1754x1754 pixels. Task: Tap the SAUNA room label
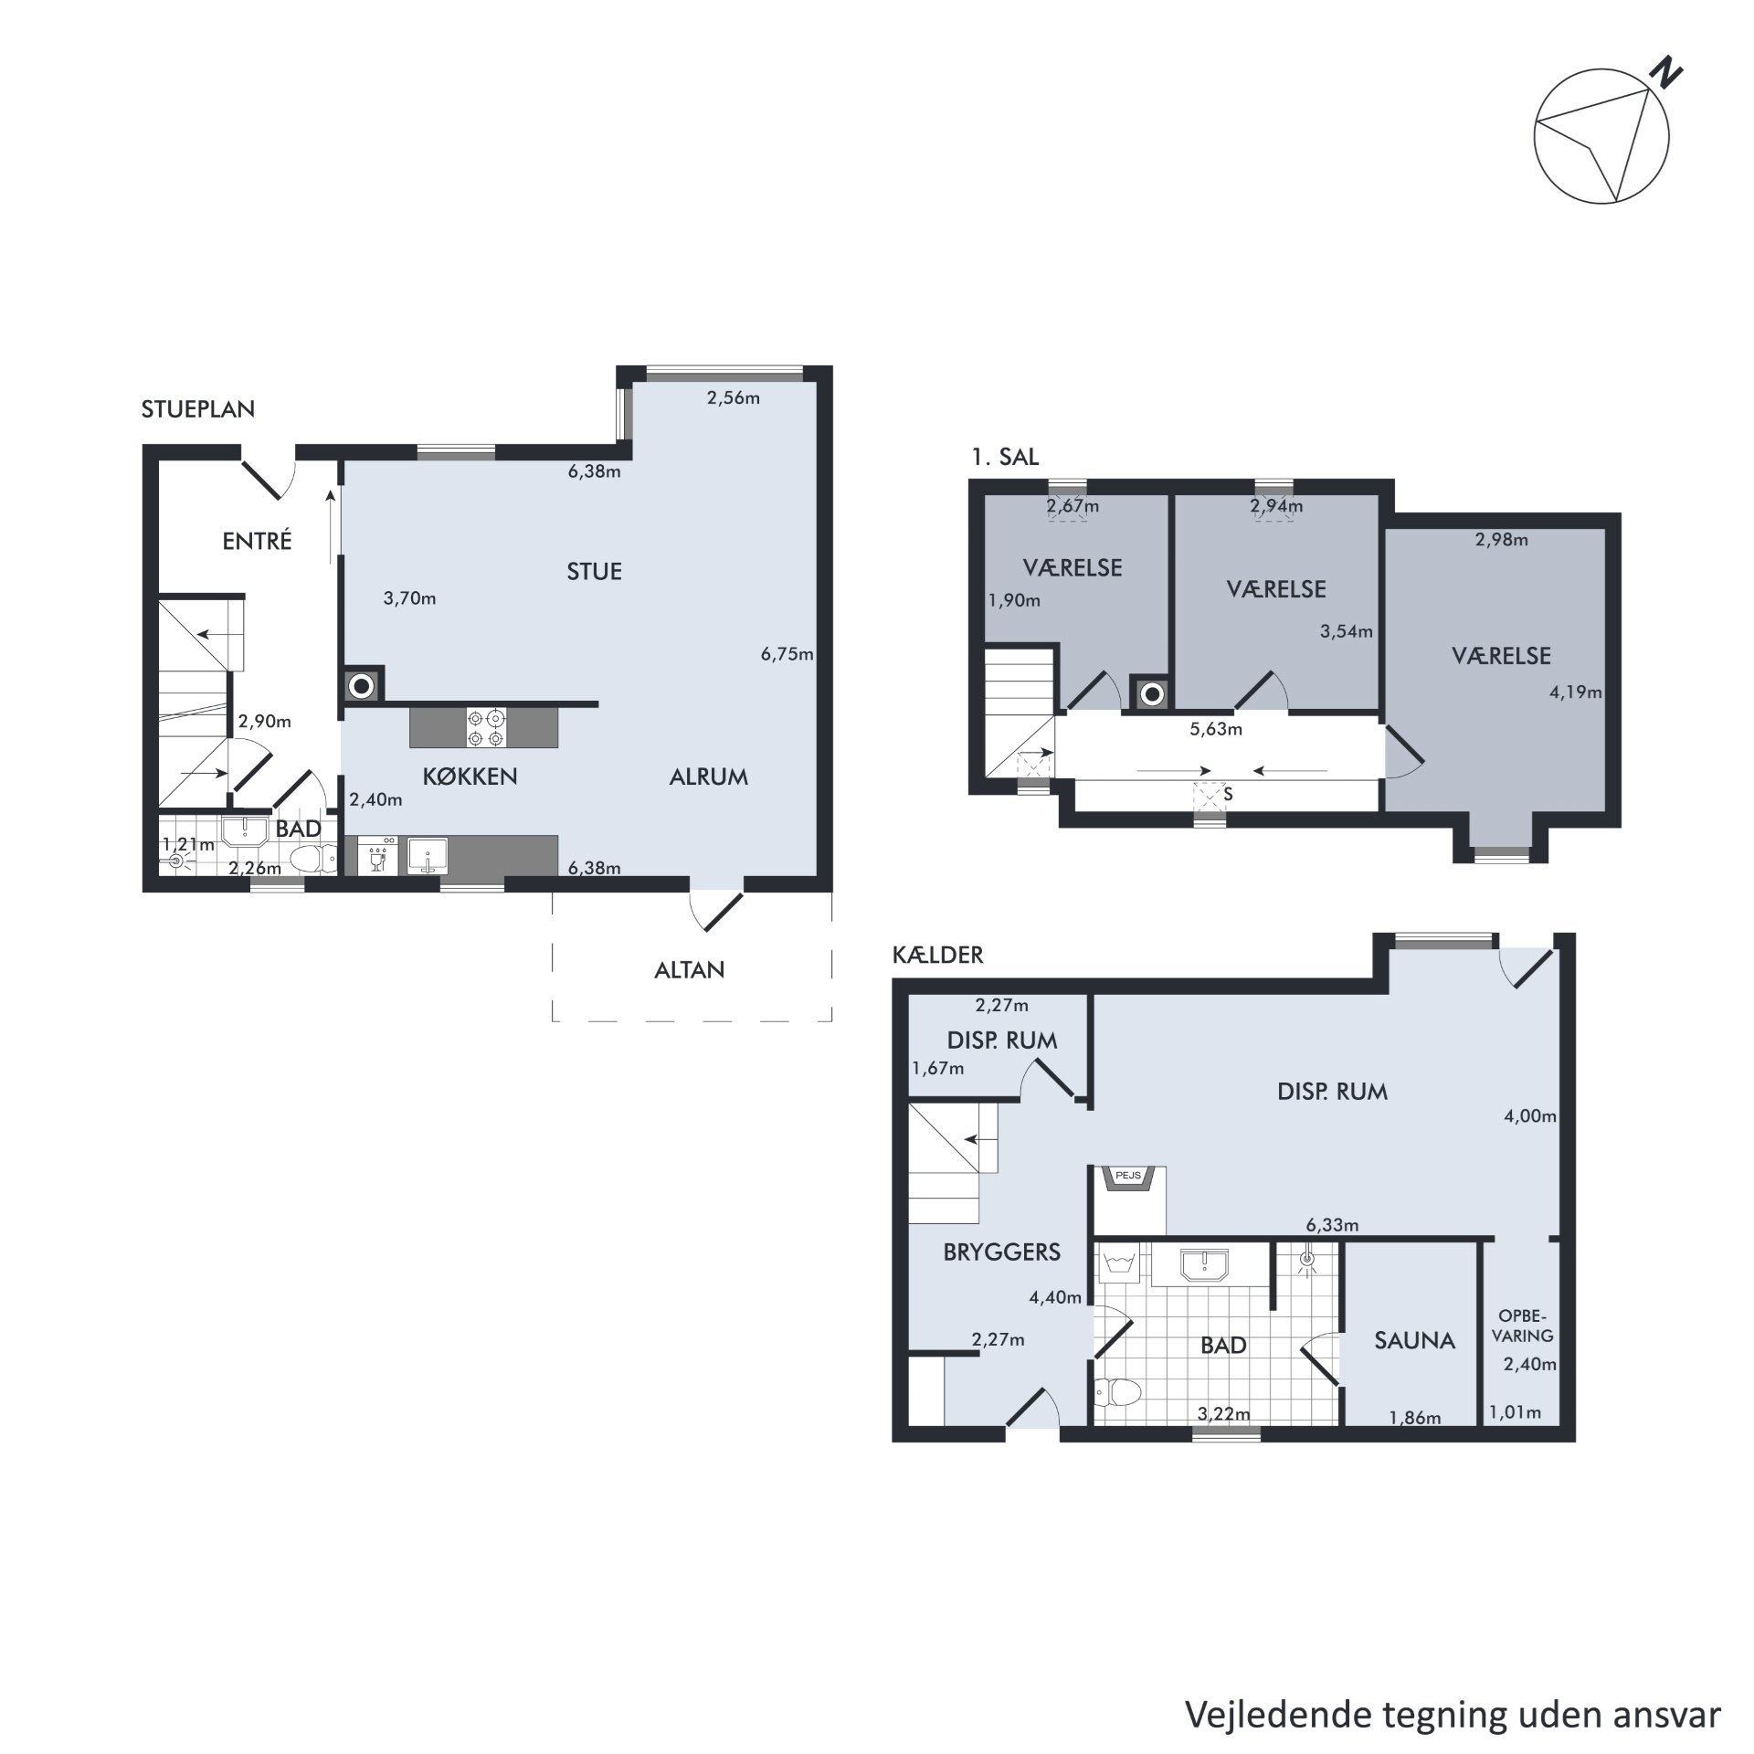pos(1414,1340)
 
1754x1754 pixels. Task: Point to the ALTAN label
pos(689,969)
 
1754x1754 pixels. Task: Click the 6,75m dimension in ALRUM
pos(787,654)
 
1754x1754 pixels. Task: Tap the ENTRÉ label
pos(257,541)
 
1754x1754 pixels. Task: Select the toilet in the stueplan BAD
pos(310,859)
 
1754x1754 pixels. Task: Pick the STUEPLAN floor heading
pos(197,409)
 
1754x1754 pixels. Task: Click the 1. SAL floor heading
pos(1005,457)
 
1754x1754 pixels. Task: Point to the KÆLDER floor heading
pos(937,956)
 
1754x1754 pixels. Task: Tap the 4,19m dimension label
pos(1575,692)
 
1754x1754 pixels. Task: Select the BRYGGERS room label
pos(1001,1252)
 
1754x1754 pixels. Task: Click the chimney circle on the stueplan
pos(363,684)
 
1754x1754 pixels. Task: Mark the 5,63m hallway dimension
pos(1216,730)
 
